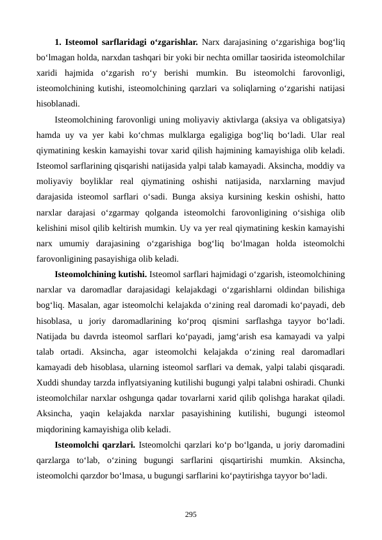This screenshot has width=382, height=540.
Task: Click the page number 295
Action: (190, 514)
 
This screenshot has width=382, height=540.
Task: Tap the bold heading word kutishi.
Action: (131, 274)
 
